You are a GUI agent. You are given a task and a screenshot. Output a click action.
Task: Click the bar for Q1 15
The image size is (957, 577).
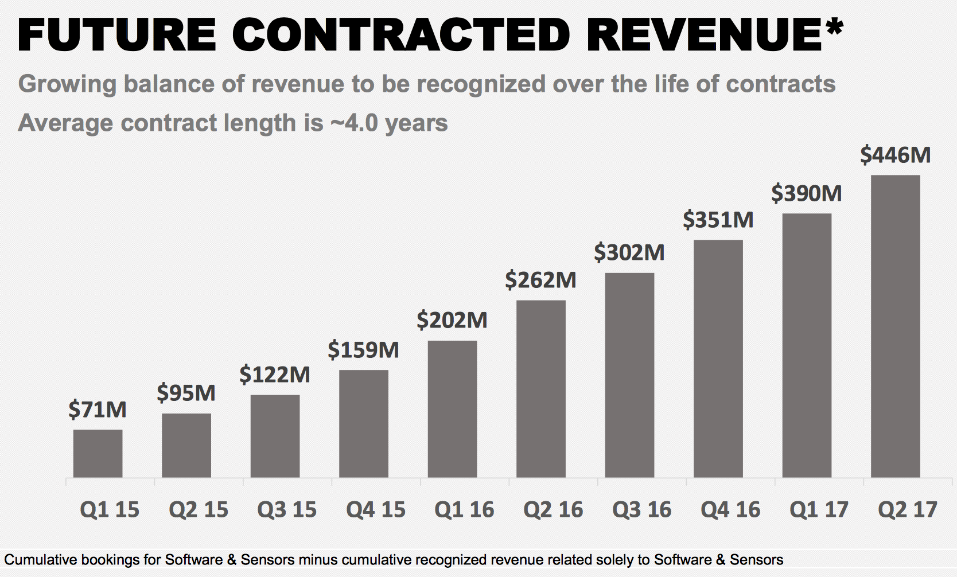coord(98,453)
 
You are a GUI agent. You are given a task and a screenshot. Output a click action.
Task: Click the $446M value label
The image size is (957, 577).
coord(895,155)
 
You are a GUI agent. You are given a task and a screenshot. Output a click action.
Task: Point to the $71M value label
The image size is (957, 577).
coord(98,410)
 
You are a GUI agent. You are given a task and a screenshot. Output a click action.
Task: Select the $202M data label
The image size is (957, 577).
coord(452,320)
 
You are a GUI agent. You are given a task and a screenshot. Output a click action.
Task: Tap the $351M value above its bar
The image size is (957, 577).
coord(718,220)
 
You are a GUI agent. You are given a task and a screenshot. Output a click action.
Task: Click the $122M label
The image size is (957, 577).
coord(275,375)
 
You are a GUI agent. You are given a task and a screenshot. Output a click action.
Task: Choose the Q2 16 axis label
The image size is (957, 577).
coord(553,509)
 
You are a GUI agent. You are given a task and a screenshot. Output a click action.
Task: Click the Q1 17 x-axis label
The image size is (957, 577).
coord(819,509)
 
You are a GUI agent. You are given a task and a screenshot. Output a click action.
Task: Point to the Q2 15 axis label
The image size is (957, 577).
coord(199,509)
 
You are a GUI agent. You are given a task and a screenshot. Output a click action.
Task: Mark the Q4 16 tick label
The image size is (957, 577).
coord(730,509)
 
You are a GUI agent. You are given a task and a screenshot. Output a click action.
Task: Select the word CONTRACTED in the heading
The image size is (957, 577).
coord(400,36)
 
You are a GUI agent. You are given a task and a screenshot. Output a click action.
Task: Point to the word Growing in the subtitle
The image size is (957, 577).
coord(68,84)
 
